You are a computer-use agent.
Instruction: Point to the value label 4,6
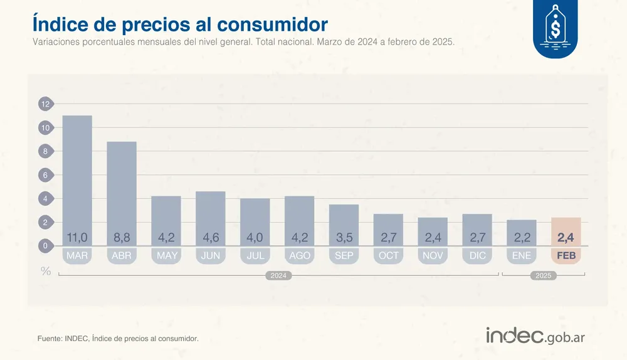(211, 238)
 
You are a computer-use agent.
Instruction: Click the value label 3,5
(344, 238)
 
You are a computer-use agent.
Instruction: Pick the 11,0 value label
(77, 238)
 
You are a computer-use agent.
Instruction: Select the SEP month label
(344, 256)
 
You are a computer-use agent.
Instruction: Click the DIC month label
(477, 256)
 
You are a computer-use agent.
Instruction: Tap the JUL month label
(255, 256)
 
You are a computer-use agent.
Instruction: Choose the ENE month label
(521, 256)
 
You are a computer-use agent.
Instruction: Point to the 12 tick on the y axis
(46, 104)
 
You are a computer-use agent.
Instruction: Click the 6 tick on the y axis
(46, 175)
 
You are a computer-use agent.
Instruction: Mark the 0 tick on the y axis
(46, 246)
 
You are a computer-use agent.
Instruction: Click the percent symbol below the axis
(46, 271)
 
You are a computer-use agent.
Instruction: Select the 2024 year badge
(278, 275)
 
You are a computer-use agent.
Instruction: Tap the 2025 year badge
(543, 275)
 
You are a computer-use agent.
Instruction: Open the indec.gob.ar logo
(535, 336)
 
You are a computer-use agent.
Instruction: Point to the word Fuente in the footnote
(50, 339)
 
